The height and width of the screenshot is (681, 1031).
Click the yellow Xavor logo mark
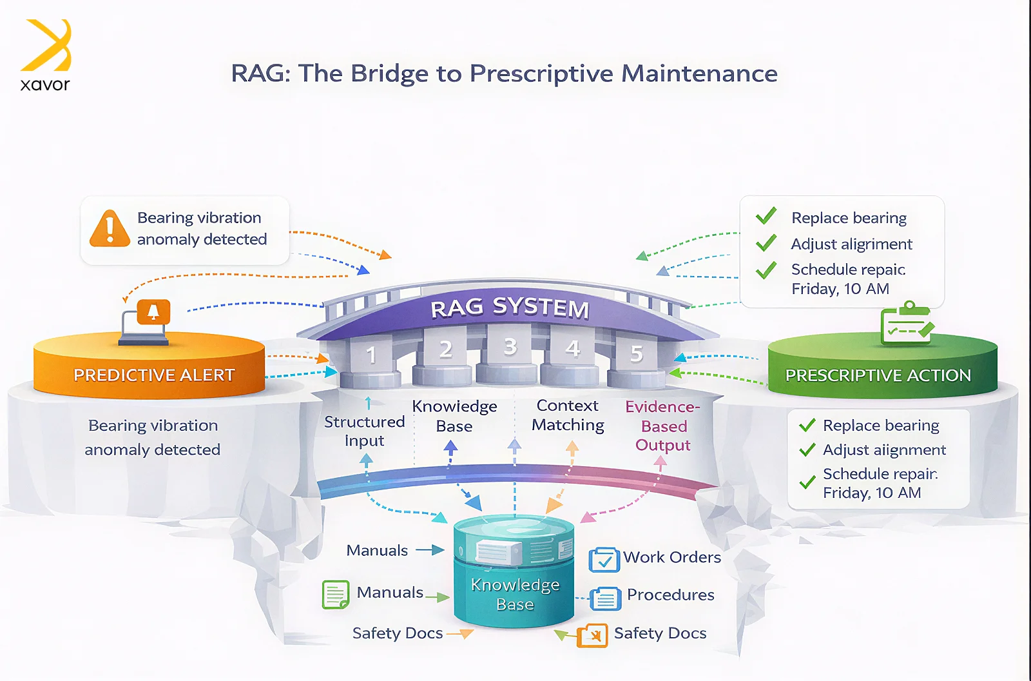pos(46,44)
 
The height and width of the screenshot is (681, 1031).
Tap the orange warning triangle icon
pos(110,228)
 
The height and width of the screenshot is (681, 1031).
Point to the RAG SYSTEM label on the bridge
pos(510,308)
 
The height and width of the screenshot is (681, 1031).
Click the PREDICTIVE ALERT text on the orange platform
pos(154,375)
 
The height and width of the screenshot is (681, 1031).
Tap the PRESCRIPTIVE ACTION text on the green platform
pos(878,375)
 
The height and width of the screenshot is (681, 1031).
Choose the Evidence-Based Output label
pos(663,426)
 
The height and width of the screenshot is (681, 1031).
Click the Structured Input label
pos(364,431)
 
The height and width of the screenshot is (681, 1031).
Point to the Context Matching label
pos(568,415)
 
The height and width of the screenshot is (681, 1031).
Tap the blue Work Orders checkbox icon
pos(604,559)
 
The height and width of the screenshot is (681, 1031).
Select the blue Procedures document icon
pos(605,598)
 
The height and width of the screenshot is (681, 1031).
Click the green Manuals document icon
pos(336,595)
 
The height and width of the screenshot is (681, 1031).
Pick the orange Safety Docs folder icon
pos(592,636)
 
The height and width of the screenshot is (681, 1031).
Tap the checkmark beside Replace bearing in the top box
pos(766,215)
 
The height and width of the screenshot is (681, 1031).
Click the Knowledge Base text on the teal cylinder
pos(515,595)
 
